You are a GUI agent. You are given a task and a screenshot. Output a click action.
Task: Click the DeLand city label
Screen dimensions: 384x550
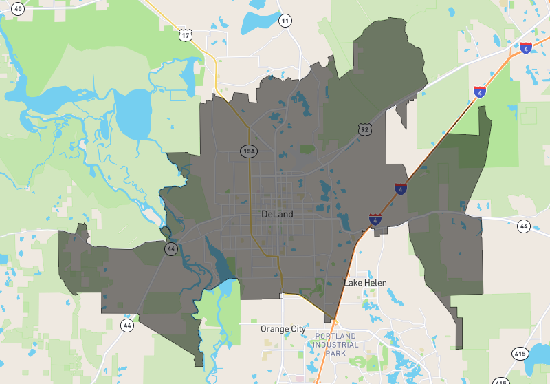click(277, 214)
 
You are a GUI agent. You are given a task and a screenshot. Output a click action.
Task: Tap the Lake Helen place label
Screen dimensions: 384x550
click(365, 283)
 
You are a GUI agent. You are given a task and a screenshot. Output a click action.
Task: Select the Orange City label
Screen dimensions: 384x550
click(283, 329)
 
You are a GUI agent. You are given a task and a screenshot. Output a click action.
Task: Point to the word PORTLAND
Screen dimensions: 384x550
click(337, 336)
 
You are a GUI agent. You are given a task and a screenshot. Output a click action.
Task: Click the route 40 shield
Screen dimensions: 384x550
click(19, 8)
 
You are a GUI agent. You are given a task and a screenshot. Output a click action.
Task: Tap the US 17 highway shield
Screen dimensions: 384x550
click(184, 34)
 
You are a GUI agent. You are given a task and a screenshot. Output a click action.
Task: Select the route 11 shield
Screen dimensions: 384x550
click(285, 21)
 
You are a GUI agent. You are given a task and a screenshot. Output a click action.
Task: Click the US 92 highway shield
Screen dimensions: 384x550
click(364, 129)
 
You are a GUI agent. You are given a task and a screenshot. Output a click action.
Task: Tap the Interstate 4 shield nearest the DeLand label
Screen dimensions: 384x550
click(375, 220)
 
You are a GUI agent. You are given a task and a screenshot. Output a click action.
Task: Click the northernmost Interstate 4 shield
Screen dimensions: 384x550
click(526, 47)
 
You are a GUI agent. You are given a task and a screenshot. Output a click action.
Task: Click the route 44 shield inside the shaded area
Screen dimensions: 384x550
click(170, 248)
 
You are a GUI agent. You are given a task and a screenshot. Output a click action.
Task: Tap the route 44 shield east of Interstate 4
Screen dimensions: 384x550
click(524, 226)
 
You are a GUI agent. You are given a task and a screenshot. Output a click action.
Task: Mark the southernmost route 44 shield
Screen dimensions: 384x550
click(126, 324)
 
